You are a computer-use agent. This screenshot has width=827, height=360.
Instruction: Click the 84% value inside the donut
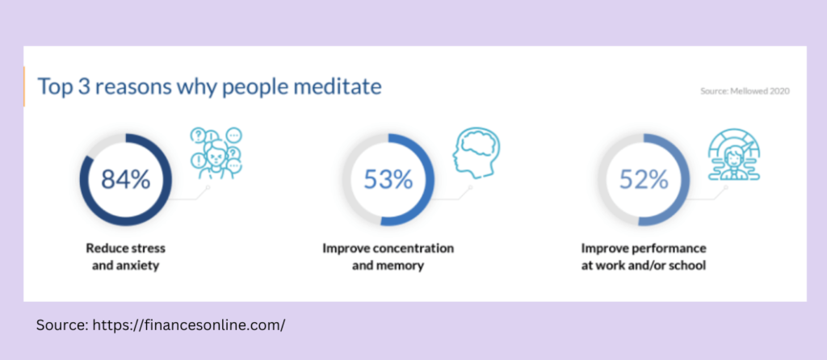click(125, 180)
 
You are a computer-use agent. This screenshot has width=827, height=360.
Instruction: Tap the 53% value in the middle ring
click(388, 180)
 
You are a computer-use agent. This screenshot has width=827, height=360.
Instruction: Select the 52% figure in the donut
click(644, 180)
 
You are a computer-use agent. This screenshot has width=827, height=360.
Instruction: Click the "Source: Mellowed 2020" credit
click(745, 91)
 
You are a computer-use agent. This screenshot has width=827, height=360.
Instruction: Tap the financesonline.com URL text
click(189, 324)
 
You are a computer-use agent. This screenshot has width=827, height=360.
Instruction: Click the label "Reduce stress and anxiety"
click(125, 257)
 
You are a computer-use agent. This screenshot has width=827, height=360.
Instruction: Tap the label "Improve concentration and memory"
click(388, 257)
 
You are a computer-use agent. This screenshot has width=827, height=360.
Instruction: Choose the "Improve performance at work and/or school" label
click(644, 257)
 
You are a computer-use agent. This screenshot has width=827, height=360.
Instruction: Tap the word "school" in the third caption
click(686, 265)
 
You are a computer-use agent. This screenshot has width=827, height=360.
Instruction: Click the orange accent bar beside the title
click(24, 86)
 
